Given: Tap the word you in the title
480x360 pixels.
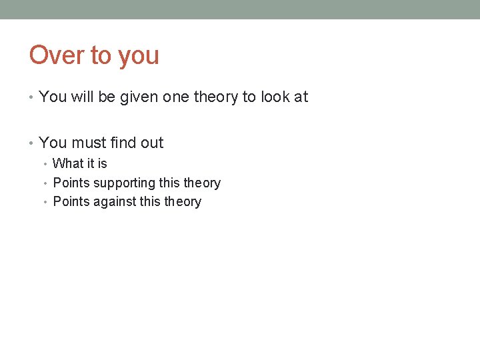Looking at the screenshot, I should point(139,56).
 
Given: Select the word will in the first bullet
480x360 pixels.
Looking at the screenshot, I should point(83,97).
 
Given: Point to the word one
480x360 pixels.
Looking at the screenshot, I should point(176,97).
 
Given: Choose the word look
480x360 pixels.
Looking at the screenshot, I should point(274,97).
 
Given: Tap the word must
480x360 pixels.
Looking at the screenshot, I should point(89,143).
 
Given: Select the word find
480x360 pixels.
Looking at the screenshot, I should point(125,143).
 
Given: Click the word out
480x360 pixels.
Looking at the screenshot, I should point(152,143).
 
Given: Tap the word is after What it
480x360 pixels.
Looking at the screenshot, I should point(102,163).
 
